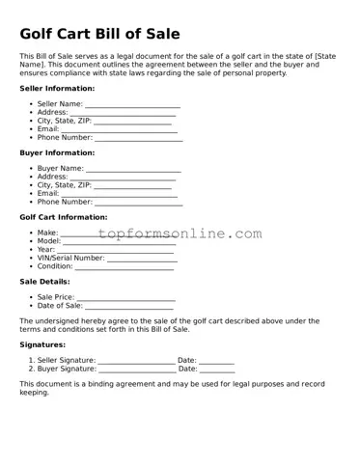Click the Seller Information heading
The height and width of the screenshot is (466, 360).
tap(57, 88)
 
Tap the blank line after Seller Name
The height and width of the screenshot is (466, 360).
tap(132, 104)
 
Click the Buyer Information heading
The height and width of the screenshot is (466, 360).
tap(57, 152)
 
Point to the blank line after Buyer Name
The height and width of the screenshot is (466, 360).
tap(132, 169)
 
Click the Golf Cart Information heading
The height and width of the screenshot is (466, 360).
tap(63, 217)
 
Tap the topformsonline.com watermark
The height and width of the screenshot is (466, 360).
tap(180, 234)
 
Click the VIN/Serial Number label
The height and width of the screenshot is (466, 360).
tap(70, 258)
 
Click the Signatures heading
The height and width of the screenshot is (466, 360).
tap(42, 343)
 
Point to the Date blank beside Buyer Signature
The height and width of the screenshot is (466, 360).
tap(217, 369)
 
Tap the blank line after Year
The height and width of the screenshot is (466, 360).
tap(116, 250)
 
